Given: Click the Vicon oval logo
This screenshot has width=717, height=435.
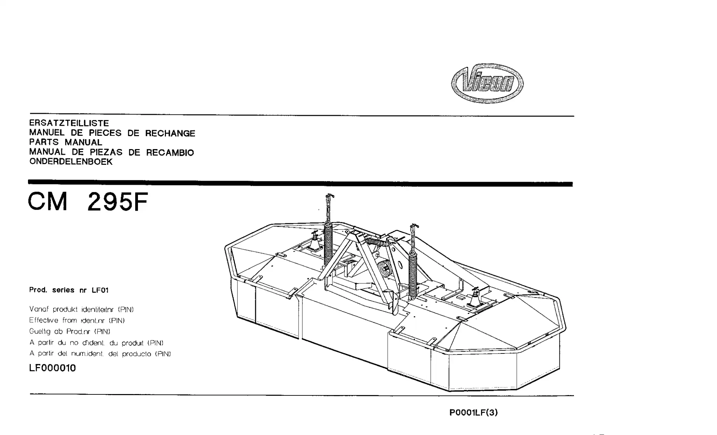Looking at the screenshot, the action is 487,83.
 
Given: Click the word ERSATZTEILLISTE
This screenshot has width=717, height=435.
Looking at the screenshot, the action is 69,123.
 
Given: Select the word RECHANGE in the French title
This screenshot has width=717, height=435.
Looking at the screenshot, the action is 170,133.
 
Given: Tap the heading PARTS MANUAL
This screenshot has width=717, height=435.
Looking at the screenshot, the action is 65,142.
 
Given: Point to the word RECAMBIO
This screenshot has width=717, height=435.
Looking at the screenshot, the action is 170,153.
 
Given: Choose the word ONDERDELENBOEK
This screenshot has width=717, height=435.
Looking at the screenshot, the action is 71,162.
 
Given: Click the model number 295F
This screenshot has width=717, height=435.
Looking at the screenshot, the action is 118,202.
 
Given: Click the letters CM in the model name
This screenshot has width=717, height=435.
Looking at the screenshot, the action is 47,202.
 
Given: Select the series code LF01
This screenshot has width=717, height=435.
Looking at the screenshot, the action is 100,290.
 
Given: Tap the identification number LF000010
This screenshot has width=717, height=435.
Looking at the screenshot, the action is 53,368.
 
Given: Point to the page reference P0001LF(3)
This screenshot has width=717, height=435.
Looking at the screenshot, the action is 473,413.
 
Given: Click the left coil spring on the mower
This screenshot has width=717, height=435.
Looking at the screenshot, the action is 328,243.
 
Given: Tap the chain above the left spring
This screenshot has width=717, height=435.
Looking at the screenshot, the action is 328,208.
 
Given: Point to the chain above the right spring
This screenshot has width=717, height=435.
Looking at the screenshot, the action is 414,238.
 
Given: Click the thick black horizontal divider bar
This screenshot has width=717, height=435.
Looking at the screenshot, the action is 300,183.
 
